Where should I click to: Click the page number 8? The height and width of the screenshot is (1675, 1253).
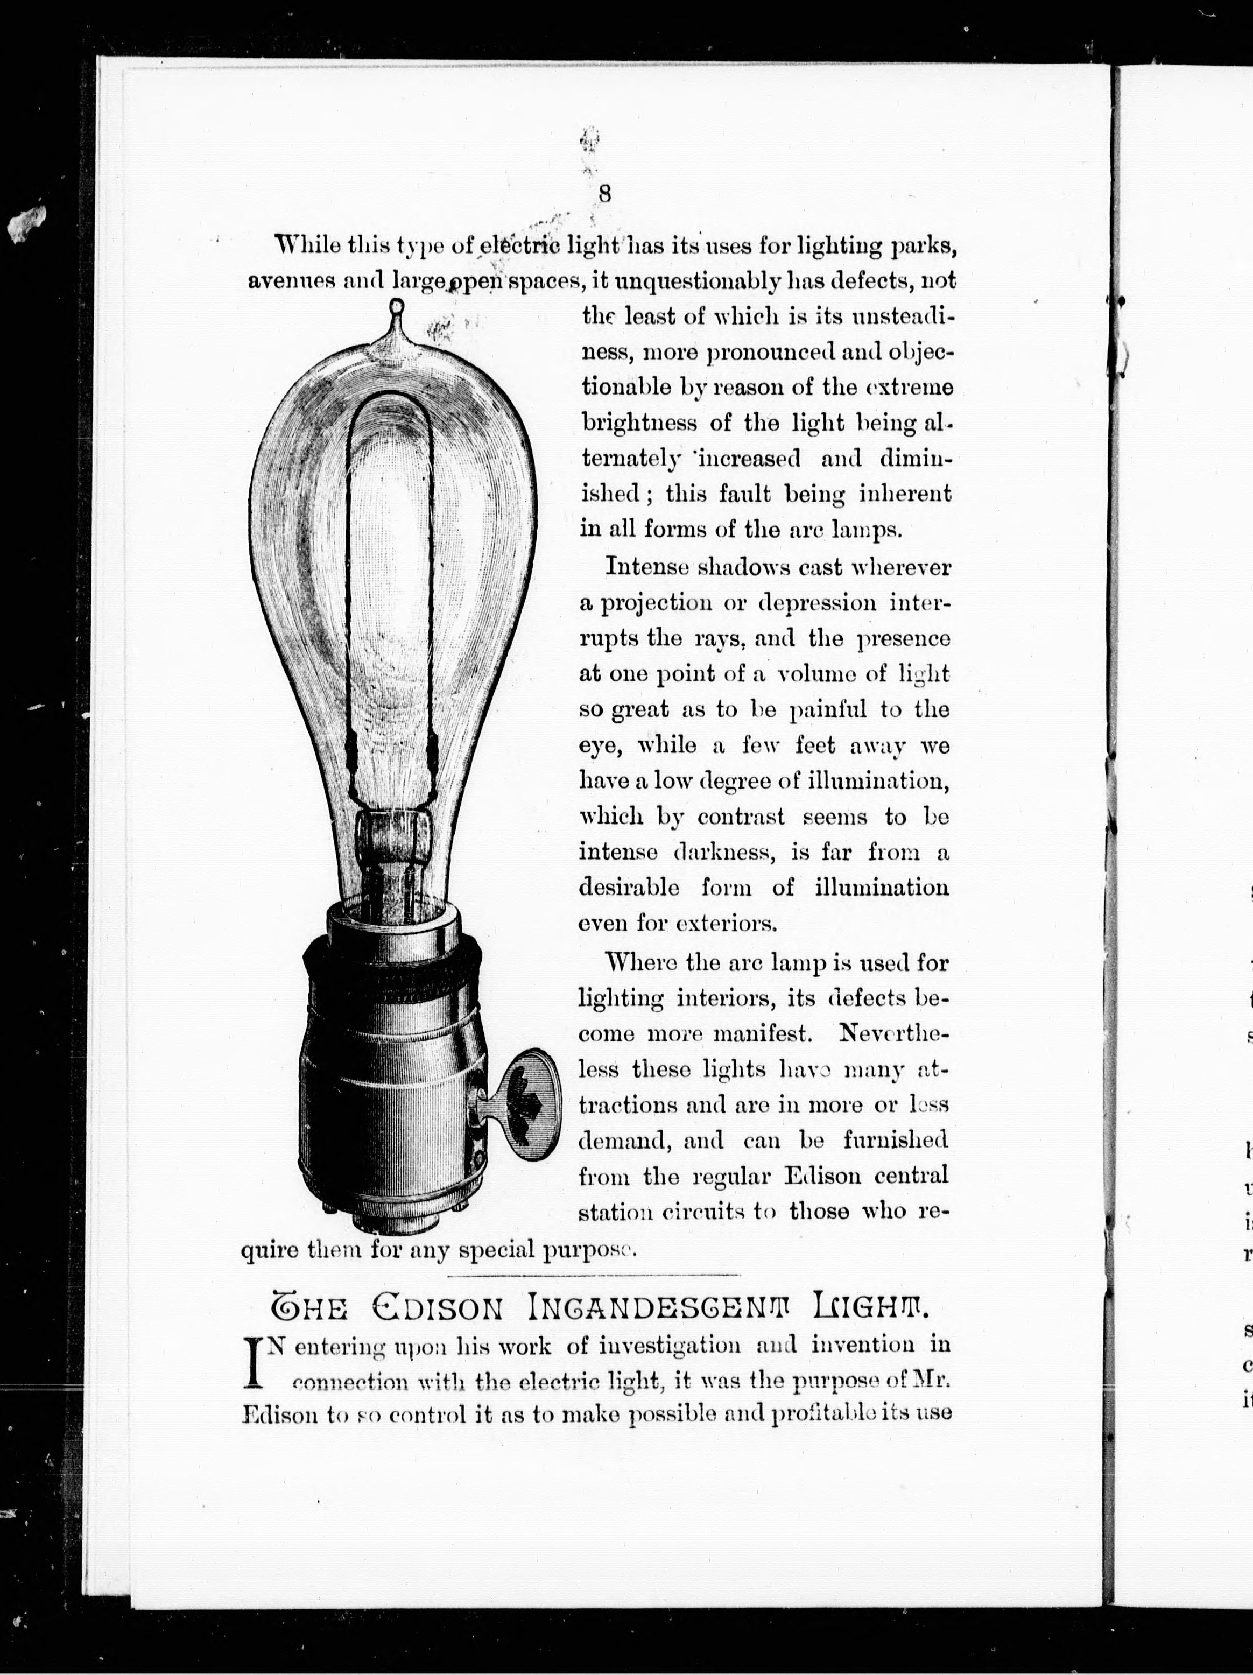[x=604, y=193]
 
